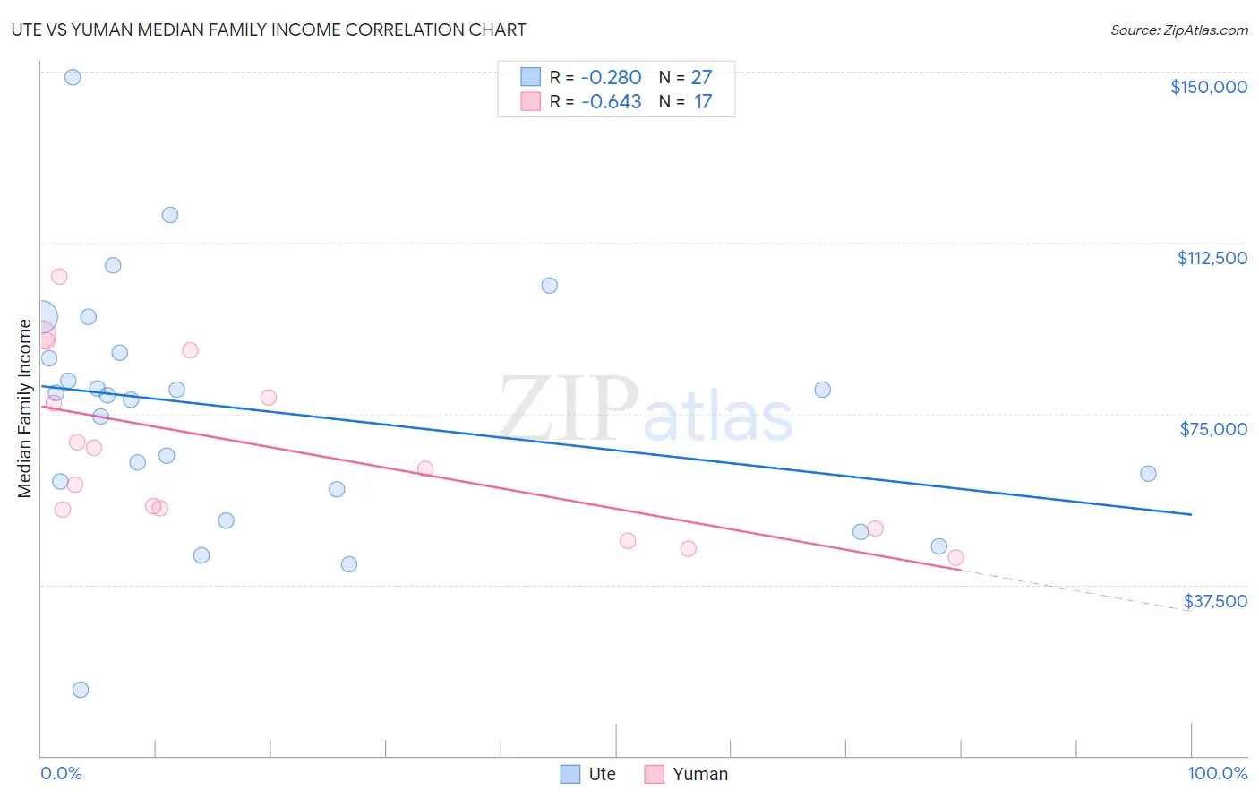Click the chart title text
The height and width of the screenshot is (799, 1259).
click(269, 30)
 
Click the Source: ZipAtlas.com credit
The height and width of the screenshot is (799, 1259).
click(1178, 30)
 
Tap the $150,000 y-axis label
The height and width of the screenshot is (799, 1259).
click(1208, 87)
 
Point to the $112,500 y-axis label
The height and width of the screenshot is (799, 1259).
click(1212, 258)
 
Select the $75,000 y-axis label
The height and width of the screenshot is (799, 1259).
click(1213, 429)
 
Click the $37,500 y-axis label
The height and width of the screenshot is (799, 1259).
click(1215, 601)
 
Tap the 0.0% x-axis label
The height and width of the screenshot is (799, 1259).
click(61, 773)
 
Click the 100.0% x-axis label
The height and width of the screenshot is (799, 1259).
click(1217, 773)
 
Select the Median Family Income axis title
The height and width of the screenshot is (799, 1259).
click(25, 408)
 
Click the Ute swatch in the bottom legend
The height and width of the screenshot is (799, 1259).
click(570, 774)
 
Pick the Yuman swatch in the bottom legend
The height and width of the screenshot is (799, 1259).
click(655, 774)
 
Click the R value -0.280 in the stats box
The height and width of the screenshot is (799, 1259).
click(611, 78)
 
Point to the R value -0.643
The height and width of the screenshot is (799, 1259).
click(611, 102)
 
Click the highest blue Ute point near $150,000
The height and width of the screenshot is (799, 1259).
click(73, 77)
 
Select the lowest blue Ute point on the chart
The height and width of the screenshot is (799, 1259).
click(81, 690)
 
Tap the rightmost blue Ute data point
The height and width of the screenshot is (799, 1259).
click(1148, 474)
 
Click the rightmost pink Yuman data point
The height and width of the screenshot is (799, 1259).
click(955, 558)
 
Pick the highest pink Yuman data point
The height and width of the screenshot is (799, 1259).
click(59, 277)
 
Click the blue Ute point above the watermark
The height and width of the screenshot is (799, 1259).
click(550, 286)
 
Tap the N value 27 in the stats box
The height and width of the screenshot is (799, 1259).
click(701, 78)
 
